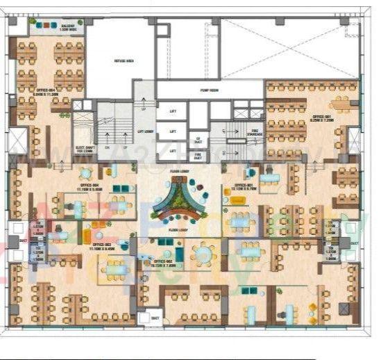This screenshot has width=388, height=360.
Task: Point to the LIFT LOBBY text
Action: pos(144,130)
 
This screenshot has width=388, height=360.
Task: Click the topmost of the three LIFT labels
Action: pos(173,111)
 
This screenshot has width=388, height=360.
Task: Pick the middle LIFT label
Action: pos(173,130)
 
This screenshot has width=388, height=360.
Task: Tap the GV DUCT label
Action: pos(198,139)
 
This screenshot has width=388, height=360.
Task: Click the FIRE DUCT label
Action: pos(198,156)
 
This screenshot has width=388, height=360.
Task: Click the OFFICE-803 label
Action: pos(103,245)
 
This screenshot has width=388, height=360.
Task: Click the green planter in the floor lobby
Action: pos(178,200)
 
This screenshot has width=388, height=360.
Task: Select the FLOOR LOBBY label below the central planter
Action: pos(178,229)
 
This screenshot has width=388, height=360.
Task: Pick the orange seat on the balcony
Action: pos(40,26)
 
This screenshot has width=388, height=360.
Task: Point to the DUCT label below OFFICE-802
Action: pos(155,318)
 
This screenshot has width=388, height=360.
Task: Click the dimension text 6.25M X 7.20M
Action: pos(321,120)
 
